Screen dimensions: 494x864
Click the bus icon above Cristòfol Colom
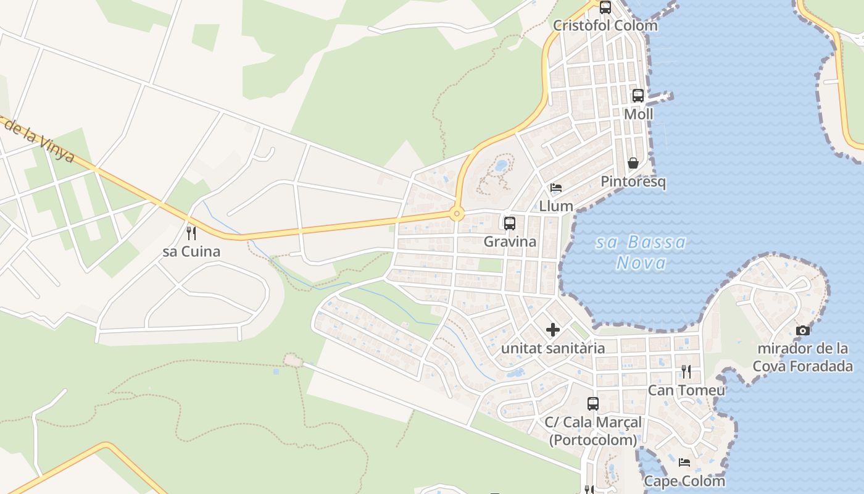[605, 7]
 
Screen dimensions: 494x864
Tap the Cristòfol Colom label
[605, 25]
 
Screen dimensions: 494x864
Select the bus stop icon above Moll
[638, 96]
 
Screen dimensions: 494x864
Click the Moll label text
[638, 114]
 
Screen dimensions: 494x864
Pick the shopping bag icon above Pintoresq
[633, 163]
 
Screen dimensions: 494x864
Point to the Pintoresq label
[633, 182]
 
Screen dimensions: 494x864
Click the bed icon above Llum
[556, 188]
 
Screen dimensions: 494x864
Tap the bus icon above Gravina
[510, 224]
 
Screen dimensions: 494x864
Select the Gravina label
[510, 241]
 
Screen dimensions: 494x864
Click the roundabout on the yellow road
[457, 214]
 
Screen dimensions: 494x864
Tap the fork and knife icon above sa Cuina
[191, 233]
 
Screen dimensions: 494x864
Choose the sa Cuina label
[191, 252]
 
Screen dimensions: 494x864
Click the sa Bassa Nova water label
[641, 253]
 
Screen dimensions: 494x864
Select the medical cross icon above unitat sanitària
[553, 330]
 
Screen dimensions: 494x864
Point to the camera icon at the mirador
[803, 330]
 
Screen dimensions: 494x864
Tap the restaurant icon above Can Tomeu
[686, 372]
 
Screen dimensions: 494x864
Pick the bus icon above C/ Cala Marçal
[593, 404]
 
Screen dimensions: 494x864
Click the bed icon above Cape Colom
[684, 463]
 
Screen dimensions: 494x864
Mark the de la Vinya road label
[40, 141]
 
